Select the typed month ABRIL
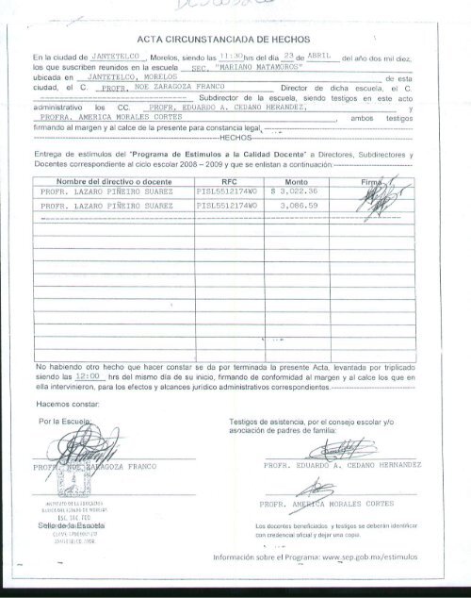322,58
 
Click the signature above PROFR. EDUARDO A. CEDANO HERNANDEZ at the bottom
332,453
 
